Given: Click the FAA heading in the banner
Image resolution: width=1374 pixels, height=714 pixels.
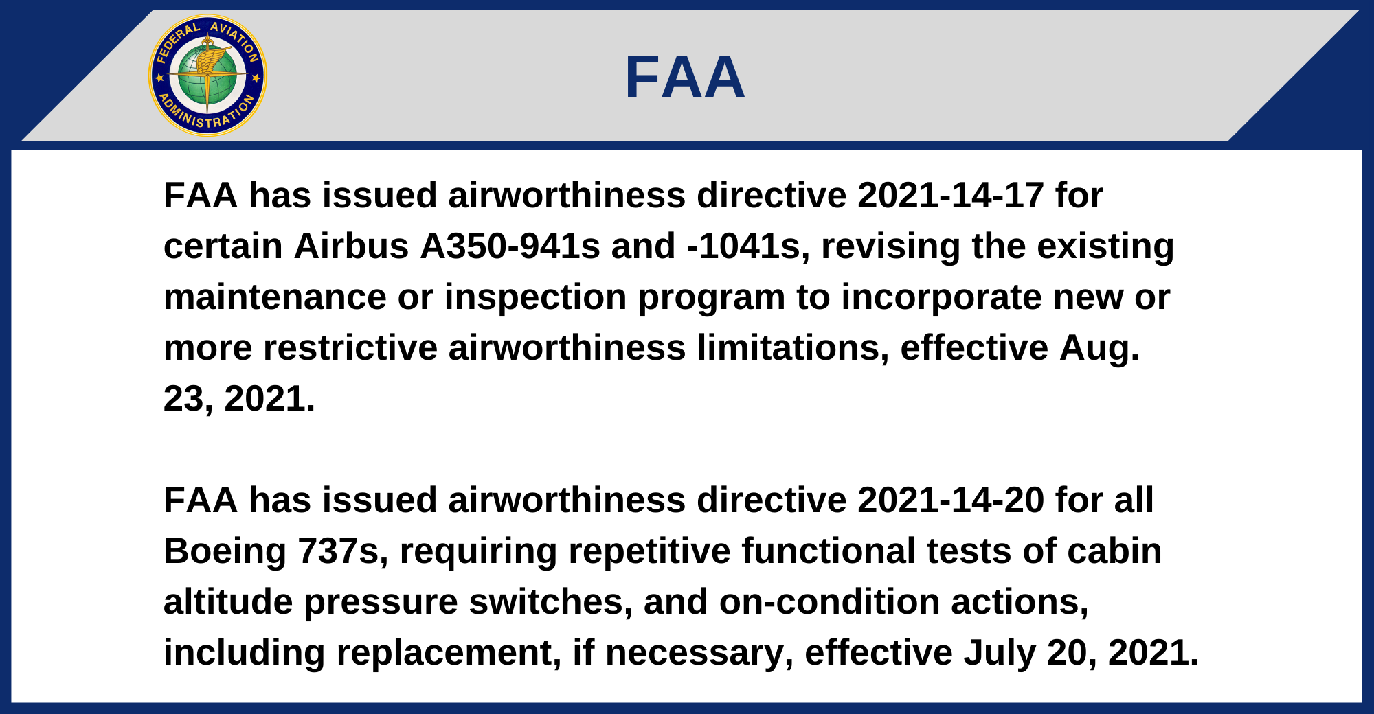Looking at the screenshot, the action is (x=684, y=77).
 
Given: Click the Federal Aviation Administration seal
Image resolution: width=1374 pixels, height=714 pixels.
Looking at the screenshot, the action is (x=207, y=76).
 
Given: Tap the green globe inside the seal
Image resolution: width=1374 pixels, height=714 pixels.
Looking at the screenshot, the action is (x=207, y=76).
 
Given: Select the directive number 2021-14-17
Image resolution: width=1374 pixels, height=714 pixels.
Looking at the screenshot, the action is (x=951, y=196).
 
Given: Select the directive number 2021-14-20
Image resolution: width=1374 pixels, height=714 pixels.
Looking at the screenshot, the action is (x=951, y=500).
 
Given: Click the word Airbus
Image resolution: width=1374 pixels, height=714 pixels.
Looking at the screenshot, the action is (x=352, y=246).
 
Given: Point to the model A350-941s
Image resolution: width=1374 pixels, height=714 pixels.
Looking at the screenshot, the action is (x=510, y=246).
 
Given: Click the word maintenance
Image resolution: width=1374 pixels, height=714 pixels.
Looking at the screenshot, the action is (x=275, y=297).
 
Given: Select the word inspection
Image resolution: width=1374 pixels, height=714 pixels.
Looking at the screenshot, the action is (x=535, y=297).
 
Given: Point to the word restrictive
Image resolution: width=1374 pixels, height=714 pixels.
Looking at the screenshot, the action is (x=350, y=348).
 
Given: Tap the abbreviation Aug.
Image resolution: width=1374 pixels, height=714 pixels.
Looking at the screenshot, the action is (x=1099, y=348).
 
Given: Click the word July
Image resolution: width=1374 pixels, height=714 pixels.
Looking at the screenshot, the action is (x=1000, y=653).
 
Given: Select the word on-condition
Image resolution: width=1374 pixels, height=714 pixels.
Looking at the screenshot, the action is (x=829, y=602).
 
